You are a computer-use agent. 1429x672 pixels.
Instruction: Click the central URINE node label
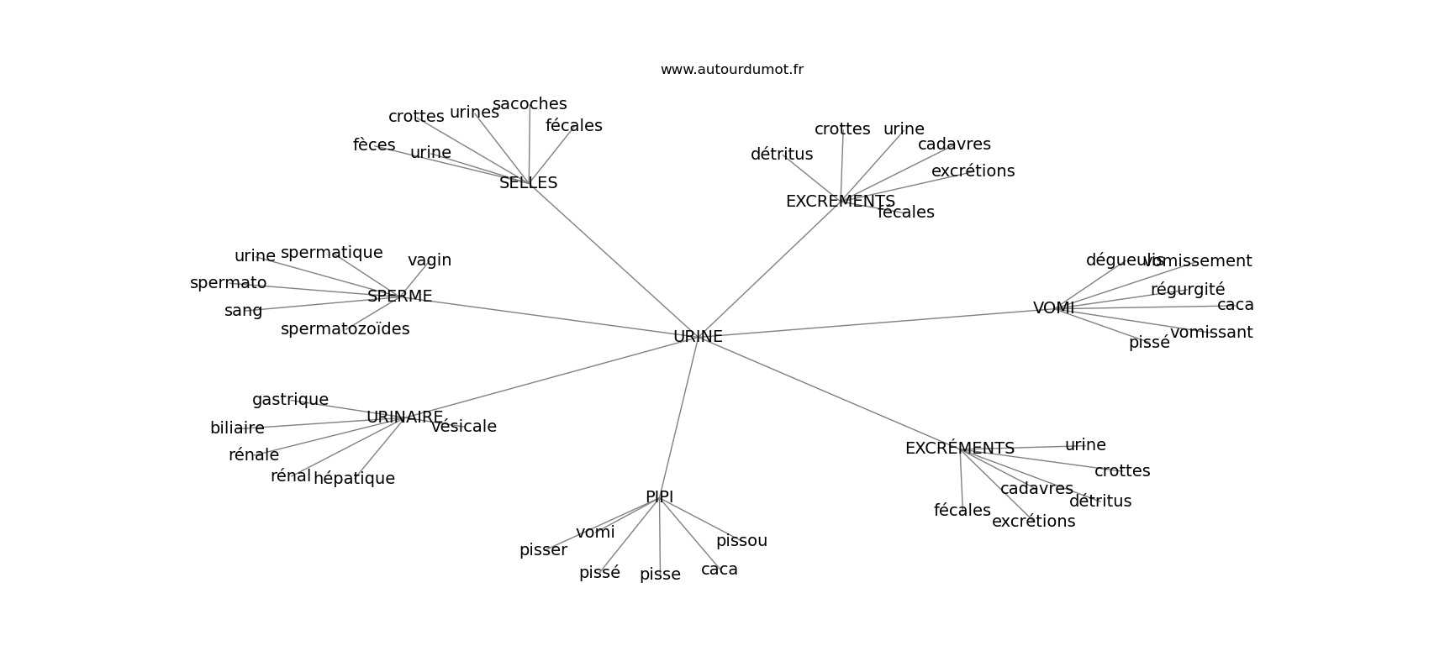[x=698, y=337]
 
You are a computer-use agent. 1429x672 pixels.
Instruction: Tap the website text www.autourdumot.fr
[x=731, y=70]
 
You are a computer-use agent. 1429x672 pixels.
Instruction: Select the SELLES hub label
[x=528, y=183]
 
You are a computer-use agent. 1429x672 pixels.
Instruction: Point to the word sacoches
[x=530, y=104]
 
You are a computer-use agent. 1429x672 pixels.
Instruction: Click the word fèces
[x=374, y=145]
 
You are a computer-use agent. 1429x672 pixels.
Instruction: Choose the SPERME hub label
[x=399, y=297]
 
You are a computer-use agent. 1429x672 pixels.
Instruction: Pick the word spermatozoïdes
[x=345, y=329]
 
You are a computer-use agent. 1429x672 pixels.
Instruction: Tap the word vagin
[x=430, y=260]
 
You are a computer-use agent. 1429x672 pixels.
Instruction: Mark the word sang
[x=243, y=311]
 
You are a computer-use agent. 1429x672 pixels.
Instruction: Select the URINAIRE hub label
[x=404, y=417]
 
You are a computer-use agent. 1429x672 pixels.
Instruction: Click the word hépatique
[x=354, y=479]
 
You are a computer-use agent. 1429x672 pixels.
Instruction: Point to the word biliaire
[x=237, y=428]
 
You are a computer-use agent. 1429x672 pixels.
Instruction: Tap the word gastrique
[x=290, y=400]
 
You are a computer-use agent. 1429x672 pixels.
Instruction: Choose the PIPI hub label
[x=659, y=497]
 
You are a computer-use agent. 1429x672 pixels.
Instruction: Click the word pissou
[x=741, y=541]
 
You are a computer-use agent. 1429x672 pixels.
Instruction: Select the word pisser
[x=543, y=550]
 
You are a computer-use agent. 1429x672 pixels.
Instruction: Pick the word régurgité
[x=1187, y=290]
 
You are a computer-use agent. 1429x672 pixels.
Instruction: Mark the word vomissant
[x=1210, y=333]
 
